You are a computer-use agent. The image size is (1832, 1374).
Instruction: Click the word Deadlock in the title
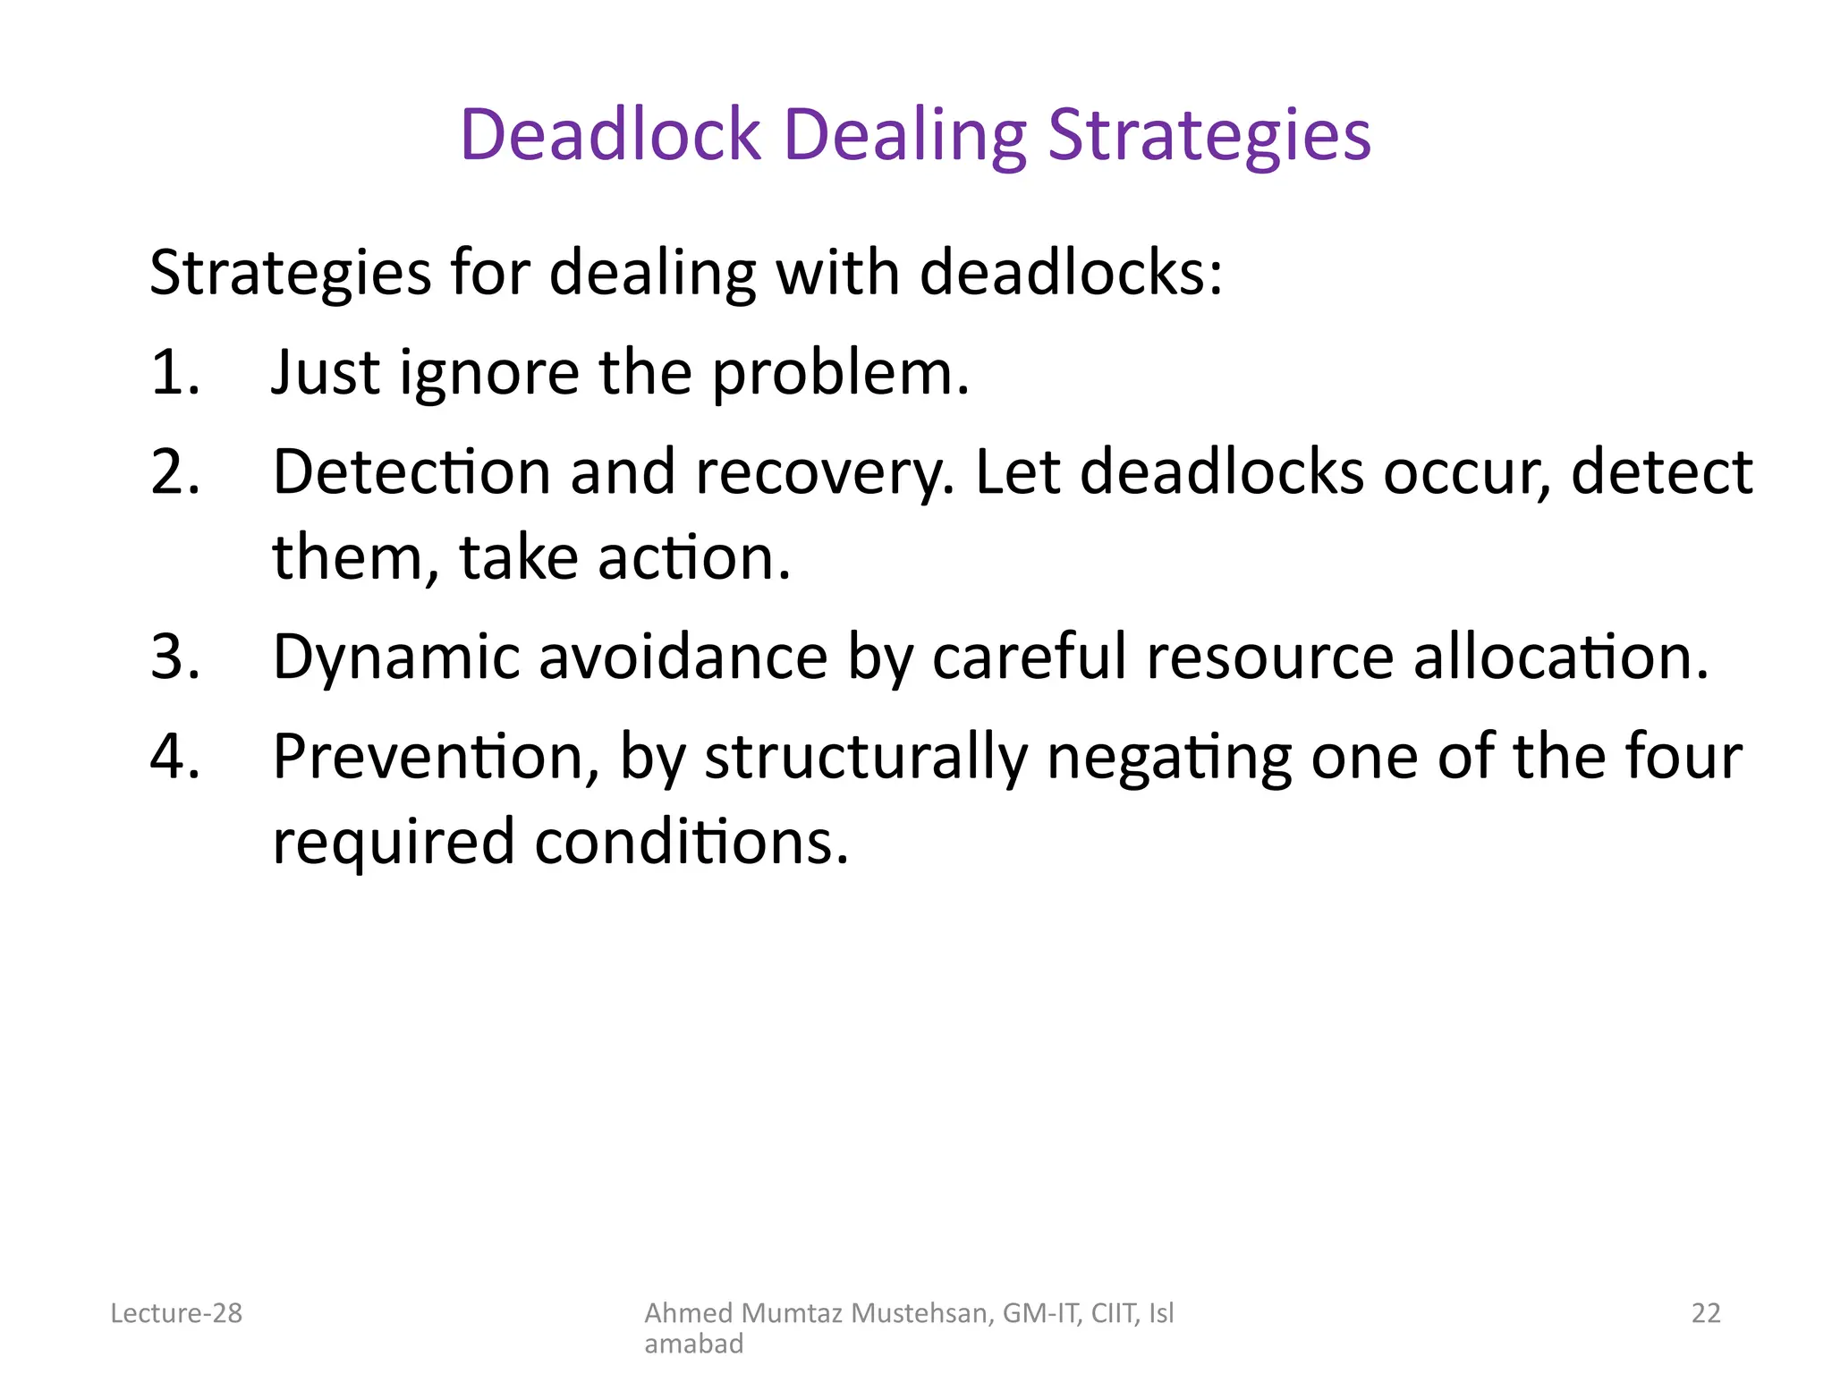pyautogui.click(x=610, y=135)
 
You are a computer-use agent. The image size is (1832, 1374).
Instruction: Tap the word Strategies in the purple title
pyautogui.click(x=1209, y=135)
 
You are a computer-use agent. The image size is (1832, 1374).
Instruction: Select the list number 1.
pyautogui.click(x=174, y=372)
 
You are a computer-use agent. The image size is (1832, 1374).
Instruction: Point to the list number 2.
pyautogui.click(x=174, y=471)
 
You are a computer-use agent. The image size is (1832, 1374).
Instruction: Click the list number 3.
pyautogui.click(x=174, y=657)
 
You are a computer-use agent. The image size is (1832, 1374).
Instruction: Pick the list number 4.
pyautogui.click(x=174, y=756)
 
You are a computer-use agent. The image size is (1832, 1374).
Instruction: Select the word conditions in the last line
pyautogui.click(x=691, y=842)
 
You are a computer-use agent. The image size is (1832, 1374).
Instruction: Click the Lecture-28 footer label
pyautogui.click(x=176, y=1313)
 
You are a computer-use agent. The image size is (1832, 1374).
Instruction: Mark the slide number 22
pyautogui.click(x=1706, y=1313)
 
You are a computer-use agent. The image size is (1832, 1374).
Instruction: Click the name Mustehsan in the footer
pyautogui.click(x=922, y=1313)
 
